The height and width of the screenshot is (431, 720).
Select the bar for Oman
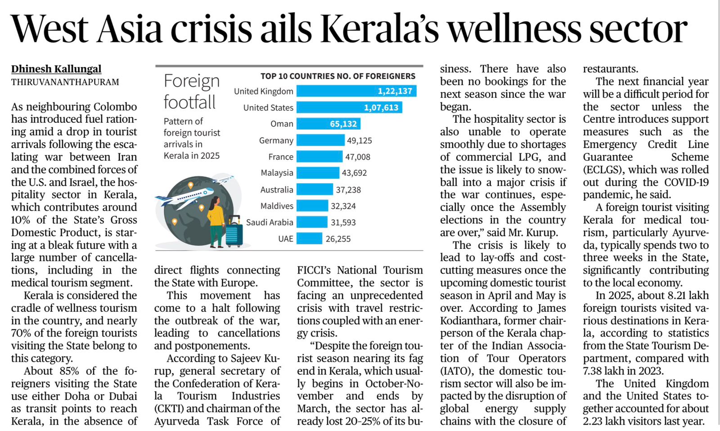click(x=328, y=124)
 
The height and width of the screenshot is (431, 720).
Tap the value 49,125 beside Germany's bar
click(x=359, y=140)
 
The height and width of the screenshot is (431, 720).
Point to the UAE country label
click(x=285, y=238)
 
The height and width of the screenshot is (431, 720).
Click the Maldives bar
click(x=312, y=206)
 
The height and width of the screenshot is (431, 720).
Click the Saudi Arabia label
click(x=269, y=222)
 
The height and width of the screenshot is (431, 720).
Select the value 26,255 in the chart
click(x=337, y=239)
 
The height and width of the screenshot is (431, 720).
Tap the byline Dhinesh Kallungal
click(x=56, y=69)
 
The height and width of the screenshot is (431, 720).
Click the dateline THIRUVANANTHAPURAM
click(x=65, y=82)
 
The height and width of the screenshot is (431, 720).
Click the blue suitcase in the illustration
click(x=234, y=233)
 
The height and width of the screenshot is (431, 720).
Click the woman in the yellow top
click(x=216, y=220)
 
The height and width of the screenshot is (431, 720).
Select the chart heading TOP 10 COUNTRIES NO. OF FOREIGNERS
click(x=337, y=76)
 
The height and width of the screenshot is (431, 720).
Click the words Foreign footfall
click(x=191, y=92)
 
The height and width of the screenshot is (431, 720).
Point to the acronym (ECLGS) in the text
click(x=603, y=170)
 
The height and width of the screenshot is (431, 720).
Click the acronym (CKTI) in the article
click(x=168, y=409)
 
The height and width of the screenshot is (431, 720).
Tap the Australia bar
click(x=315, y=189)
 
